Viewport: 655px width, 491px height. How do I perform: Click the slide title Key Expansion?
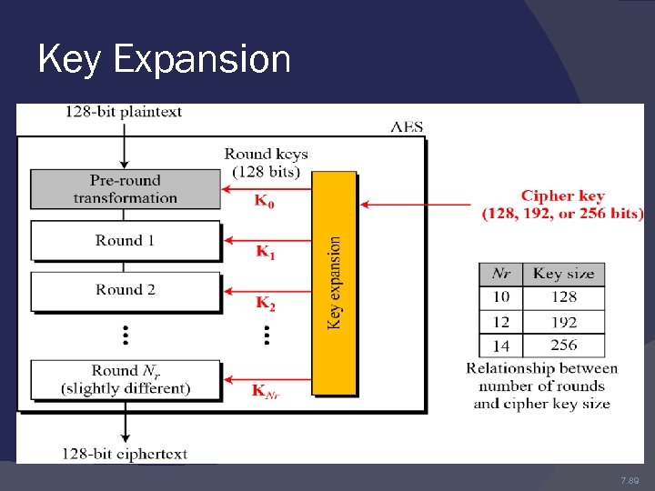click(165, 60)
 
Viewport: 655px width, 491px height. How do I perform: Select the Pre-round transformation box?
click(126, 189)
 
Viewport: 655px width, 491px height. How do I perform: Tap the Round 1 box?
click(126, 241)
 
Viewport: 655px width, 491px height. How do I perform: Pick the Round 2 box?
click(126, 290)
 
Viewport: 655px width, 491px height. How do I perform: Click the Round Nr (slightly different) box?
click(126, 379)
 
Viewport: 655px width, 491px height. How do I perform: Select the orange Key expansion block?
click(334, 282)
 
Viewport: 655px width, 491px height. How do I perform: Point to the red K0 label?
click(264, 202)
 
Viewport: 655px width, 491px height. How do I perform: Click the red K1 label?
click(265, 252)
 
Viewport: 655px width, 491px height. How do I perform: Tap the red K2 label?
click(265, 303)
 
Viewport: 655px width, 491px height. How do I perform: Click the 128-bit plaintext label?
click(123, 113)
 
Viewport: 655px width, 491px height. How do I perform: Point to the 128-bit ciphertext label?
click(125, 453)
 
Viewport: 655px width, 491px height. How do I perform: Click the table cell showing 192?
click(563, 322)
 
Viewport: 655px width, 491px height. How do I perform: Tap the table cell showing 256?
click(563, 346)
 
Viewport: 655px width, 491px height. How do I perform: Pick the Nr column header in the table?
click(501, 274)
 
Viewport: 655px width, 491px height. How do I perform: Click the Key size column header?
click(563, 274)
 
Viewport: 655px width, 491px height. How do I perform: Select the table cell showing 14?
click(501, 346)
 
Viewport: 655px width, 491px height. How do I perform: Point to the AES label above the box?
click(407, 127)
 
